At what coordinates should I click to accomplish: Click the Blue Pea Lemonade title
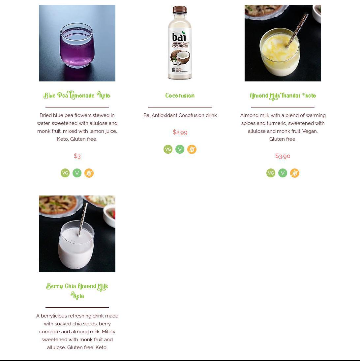[77, 95]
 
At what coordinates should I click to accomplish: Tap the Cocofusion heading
[180, 96]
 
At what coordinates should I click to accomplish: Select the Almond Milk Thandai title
[283, 96]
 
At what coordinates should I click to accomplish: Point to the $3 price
[77, 156]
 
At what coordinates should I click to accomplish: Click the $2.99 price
[180, 132]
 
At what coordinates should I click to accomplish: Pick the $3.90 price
[283, 156]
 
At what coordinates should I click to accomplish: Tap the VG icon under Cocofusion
[168, 149]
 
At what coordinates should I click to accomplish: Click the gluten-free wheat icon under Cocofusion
[192, 149]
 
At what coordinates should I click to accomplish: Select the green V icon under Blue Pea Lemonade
[77, 173]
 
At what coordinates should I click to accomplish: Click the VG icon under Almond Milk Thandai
[271, 173]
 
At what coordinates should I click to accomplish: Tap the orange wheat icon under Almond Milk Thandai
[295, 173]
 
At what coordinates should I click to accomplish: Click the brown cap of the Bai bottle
[180, 10]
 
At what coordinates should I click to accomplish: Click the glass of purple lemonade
[77, 45]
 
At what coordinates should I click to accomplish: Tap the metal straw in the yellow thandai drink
[297, 30]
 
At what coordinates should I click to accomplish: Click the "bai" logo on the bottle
[179, 37]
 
